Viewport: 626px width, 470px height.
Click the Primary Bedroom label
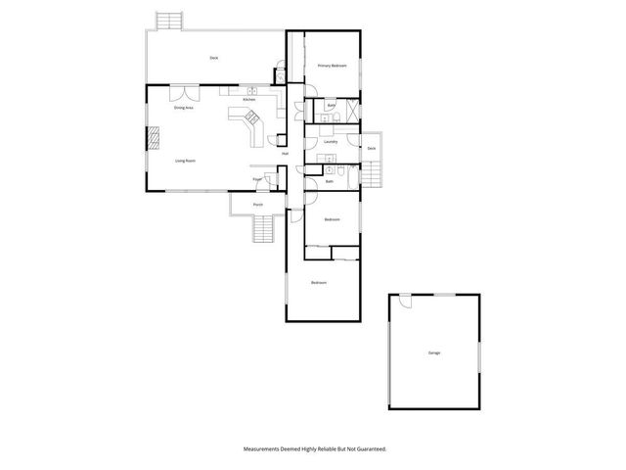pyautogui.click(x=333, y=66)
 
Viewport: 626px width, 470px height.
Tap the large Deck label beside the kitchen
pyautogui.click(x=213, y=59)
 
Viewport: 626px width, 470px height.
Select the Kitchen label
pyautogui.click(x=249, y=100)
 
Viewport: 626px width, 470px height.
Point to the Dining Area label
pyautogui.click(x=183, y=108)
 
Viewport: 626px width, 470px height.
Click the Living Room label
pyautogui.click(x=183, y=160)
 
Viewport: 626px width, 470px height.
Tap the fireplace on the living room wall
pyautogui.click(x=152, y=138)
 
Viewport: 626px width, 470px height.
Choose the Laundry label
pyautogui.click(x=331, y=142)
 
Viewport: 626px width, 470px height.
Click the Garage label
pyautogui.click(x=433, y=352)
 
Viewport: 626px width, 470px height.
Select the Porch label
pyautogui.click(x=258, y=205)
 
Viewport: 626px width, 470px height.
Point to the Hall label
pyautogui.click(x=285, y=154)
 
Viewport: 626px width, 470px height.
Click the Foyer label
pyautogui.click(x=257, y=179)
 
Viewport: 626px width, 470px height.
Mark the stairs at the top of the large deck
pyautogui.click(x=169, y=21)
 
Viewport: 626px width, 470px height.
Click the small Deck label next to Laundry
pyautogui.click(x=372, y=148)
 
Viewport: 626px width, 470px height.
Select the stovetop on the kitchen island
pyautogui.click(x=252, y=119)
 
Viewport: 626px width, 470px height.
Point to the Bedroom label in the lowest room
pyautogui.click(x=319, y=283)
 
